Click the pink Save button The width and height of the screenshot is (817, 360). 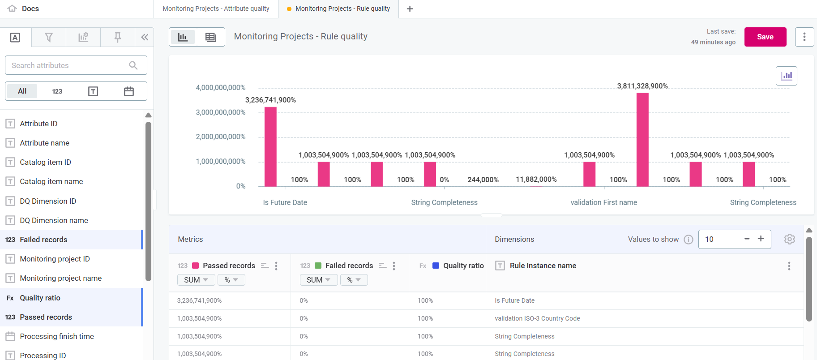point(765,37)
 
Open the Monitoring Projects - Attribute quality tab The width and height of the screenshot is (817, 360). point(216,9)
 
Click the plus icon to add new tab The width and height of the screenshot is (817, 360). point(410,9)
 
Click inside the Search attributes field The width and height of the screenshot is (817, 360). point(67,65)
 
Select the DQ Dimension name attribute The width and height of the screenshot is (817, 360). point(54,220)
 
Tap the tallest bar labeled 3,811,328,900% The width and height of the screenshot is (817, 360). point(642,139)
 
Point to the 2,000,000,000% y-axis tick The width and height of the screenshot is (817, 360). point(220,137)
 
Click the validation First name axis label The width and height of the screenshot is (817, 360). point(603,202)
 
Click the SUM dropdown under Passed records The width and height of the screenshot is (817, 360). point(196,280)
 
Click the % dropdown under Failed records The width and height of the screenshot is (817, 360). point(354,280)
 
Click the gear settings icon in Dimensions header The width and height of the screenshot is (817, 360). point(789,239)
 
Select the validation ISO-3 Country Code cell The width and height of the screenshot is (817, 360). point(537,318)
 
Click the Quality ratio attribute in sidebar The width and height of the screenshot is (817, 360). point(40,298)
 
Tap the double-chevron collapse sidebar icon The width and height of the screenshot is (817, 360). point(144,37)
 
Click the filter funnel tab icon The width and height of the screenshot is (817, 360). point(49,37)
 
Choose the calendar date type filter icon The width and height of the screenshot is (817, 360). point(129,91)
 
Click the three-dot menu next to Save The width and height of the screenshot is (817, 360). point(804,37)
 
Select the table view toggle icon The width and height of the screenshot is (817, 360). point(210,37)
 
